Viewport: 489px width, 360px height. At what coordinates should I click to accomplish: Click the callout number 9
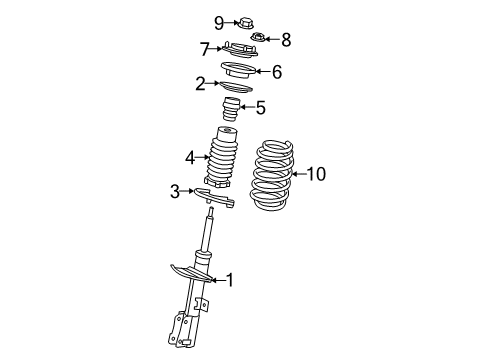tap(190, 22)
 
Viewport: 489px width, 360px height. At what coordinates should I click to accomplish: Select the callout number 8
tap(286, 40)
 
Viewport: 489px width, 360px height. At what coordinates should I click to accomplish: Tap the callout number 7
tap(204, 48)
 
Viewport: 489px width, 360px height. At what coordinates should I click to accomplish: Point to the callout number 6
tap(277, 71)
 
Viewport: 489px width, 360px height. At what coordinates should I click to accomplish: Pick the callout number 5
tap(260, 108)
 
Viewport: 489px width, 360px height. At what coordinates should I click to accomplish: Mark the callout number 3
tap(174, 191)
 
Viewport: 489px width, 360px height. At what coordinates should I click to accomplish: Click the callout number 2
tap(201, 83)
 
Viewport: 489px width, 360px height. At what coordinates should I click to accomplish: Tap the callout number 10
tap(316, 174)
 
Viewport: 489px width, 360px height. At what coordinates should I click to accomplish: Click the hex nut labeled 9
tap(215, 21)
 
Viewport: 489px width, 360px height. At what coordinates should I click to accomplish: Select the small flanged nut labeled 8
tap(257, 39)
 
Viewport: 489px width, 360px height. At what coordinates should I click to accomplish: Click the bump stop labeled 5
tap(232, 110)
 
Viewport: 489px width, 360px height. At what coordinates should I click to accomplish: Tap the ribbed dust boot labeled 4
tap(221, 160)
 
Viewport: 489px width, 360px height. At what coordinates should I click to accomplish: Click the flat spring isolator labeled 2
tap(231, 86)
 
